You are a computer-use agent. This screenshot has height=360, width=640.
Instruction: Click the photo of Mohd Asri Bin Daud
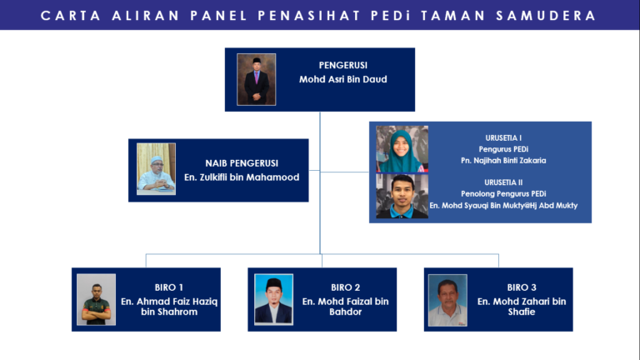click(256, 80)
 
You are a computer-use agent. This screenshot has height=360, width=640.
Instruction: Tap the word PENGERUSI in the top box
click(342, 65)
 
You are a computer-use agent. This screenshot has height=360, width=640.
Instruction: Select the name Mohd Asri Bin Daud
click(342, 80)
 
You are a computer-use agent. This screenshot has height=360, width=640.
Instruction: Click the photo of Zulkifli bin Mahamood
click(156, 169)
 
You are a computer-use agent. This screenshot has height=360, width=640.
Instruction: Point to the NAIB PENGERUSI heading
click(242, 163)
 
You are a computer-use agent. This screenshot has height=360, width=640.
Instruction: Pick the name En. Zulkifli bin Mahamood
click(242, 177)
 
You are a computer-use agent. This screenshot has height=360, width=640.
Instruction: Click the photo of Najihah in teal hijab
click(402, 149)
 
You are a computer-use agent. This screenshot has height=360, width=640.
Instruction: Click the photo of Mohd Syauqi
click(402, 197)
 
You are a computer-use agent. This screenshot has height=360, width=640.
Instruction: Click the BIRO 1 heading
click(169, 287)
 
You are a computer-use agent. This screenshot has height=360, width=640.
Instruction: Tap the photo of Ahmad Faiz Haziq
click(96, 299)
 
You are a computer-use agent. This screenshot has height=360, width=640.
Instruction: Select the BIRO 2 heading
click(346, 287)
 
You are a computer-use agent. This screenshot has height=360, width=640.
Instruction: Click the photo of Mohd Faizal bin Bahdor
click(273, 299)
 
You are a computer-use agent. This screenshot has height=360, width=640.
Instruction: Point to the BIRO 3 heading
click(522, 287)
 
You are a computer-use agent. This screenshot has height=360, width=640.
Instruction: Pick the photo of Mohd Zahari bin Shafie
click(447, 300)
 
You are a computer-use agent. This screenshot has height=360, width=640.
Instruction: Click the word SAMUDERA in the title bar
click(549, 16)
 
